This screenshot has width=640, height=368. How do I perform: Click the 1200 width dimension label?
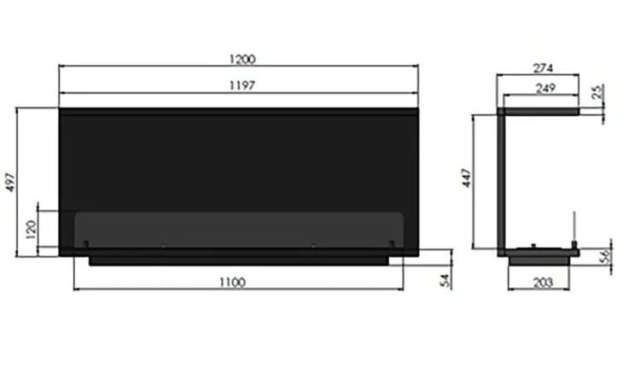(x=242, y=60)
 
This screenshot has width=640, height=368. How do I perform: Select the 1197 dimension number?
(x=242, y=85)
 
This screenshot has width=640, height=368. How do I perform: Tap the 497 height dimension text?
(x=10, y=182)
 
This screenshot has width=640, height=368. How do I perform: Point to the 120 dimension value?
(x=32, y=230)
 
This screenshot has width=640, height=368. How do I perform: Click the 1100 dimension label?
(x=233, y=283)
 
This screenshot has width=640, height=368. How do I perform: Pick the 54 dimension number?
(x=445, y=280)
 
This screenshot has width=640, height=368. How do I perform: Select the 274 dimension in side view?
(x=544, y=67)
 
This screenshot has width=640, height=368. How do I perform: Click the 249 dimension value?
(x=546, y=88)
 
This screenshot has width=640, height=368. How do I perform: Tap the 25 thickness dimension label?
(x=597, y=91)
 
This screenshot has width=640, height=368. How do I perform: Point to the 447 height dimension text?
(x=467, y=178)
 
